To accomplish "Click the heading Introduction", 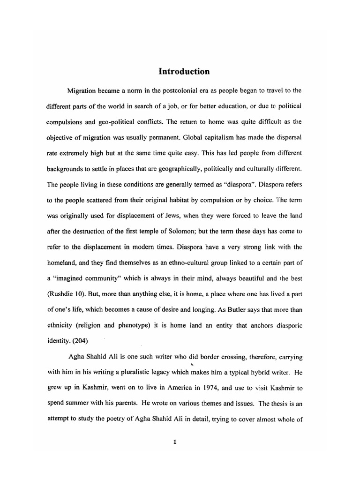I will [x=184, y=72].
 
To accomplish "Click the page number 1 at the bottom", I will [x=174, y=446].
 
